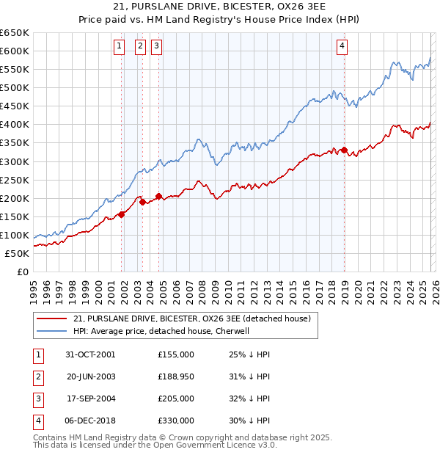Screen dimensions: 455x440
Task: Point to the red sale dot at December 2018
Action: (344, 150)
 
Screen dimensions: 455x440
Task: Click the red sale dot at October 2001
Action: (122, 215)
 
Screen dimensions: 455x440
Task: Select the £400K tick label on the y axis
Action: (15, 125)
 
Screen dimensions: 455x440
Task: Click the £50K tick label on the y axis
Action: (17, 254)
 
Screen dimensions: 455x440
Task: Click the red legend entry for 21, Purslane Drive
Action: (192, 318)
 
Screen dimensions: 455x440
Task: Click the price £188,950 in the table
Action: (176, 376)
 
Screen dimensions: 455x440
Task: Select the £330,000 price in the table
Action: (176, 421)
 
